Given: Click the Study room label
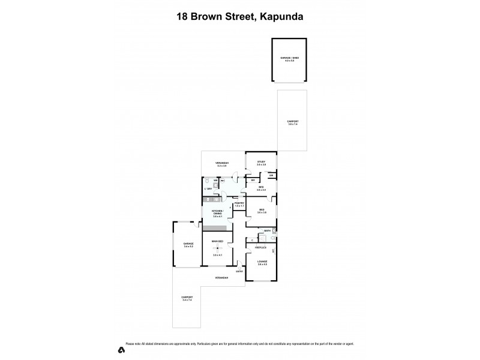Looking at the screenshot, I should [261, 163].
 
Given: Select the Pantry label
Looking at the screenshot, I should [239, 204].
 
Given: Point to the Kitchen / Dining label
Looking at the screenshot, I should [217, 213].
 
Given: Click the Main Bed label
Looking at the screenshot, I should [217, 241].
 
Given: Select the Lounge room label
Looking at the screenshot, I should [262, 262].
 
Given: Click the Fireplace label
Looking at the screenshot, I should [260, 247].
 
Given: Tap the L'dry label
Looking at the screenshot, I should [208, 189].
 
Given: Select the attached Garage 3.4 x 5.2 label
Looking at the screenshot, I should [188, 245].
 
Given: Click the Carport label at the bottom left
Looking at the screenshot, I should [187, 298].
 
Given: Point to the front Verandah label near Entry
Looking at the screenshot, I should [222, 278].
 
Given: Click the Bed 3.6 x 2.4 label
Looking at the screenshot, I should [261, 188].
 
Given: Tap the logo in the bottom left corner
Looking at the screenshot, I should [121, 349].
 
